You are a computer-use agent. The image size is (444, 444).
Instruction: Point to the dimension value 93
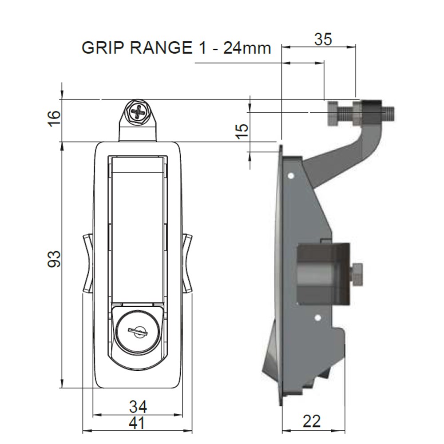54,259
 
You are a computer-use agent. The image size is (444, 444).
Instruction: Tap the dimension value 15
242,131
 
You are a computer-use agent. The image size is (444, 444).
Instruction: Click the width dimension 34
138,406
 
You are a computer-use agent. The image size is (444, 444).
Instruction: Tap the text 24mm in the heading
247,48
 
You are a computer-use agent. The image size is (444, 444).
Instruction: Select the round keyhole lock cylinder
138,331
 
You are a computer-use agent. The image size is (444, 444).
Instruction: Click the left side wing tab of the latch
87,263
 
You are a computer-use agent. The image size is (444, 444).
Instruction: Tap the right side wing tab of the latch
187,263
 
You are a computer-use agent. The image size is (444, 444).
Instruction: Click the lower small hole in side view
317,318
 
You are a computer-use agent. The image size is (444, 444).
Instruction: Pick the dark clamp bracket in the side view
323,274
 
